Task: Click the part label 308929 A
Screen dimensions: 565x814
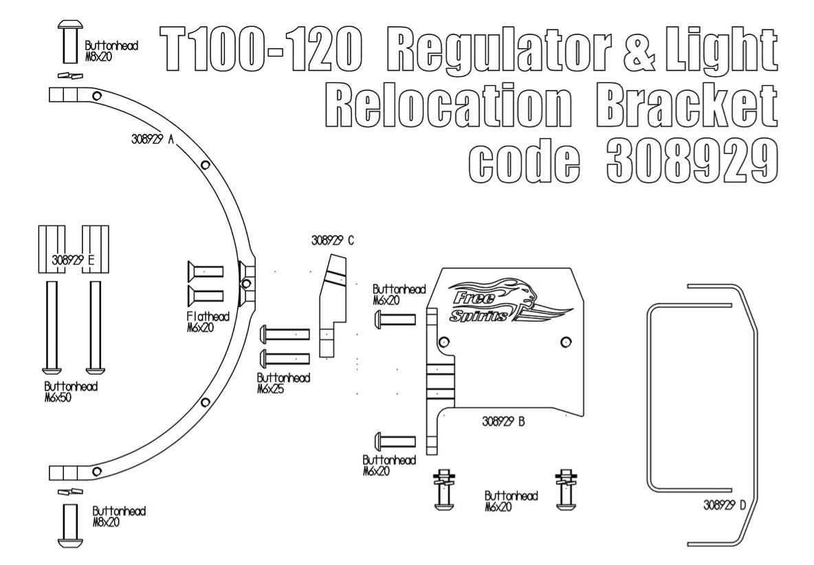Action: pyautogui.click(x=151, y=137)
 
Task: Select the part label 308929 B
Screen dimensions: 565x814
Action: pyautogui.click(x=503, y=422)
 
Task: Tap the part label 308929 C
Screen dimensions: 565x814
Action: pyautogui.click(x=333, y=241)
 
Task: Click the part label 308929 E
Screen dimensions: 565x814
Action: pyautogui.click(x=73, y=261)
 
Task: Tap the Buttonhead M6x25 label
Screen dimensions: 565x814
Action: pyautogui.click(x=283, y=384)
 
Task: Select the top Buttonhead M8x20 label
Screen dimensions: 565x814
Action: pyautogui.click(x=111, y=50)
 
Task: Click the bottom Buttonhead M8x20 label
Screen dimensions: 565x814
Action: pyautogui.click(x=119, y=517)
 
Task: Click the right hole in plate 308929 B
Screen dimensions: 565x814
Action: pyautogui.click(x=565, y=341)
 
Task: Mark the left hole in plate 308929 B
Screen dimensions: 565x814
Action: pyautogui.click(x=443, y=341)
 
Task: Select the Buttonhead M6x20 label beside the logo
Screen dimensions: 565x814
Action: pyautogui.click(x=399, y=293)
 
